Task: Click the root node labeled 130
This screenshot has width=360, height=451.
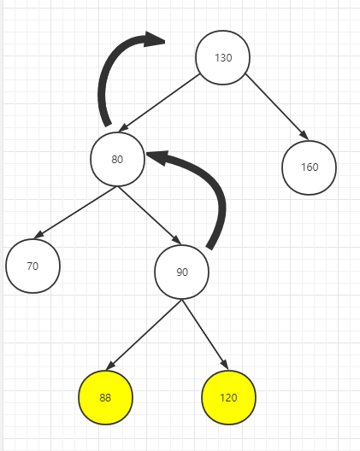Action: [223, 57]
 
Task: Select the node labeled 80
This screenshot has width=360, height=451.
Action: [117, 159]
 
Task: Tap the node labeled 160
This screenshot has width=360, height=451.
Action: [309, 167]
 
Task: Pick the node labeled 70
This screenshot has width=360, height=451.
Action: [32, 266]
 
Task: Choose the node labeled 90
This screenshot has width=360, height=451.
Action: [182, 272]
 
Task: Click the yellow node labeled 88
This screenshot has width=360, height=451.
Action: [106, 397]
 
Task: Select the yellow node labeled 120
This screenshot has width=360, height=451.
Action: [228, 397]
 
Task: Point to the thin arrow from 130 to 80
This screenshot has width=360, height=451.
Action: [159, 103]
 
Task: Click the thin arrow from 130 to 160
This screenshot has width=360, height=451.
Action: [277, 107]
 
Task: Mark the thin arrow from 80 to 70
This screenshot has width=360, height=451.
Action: [75, 213]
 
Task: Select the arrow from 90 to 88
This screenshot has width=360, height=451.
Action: [144, 335]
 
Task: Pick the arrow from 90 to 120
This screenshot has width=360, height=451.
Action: [205, 335]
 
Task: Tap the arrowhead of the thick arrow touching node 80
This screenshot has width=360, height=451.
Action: [157, 158]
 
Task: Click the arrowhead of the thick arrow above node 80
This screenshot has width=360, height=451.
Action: [155, 38]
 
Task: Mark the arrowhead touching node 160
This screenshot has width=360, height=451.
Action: [304, 135]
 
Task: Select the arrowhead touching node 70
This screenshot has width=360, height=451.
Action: [38, 234]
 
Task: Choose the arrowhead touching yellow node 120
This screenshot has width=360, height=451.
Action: [224, 364]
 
